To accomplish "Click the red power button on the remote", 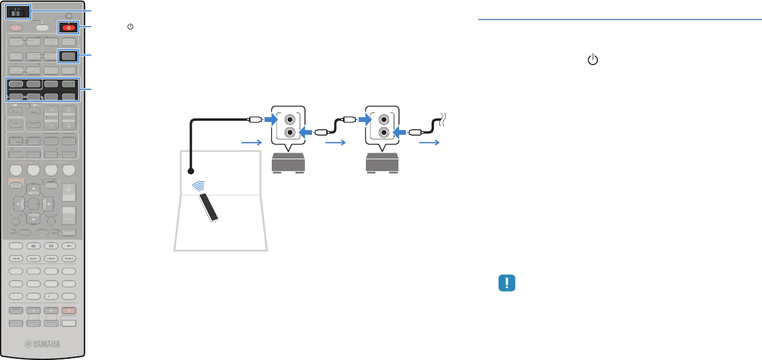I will [69, 27].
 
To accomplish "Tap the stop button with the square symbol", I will [34, 245].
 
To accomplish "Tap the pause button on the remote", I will [52, 245].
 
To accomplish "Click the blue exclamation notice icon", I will [507, 283].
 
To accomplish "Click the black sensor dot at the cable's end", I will [191, 171].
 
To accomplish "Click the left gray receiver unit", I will [289, 162].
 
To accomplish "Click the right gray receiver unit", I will [382, 162].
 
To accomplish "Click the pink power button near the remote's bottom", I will [70, 311].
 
